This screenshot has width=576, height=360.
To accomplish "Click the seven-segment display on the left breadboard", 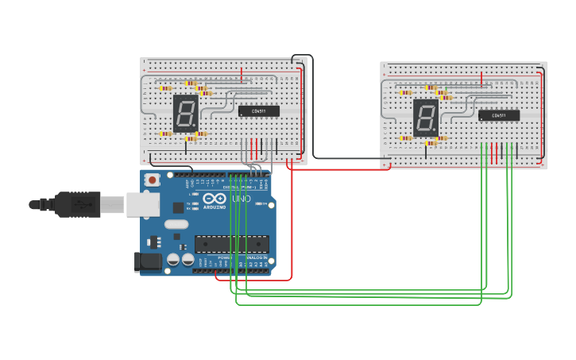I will click(x=185, y=113).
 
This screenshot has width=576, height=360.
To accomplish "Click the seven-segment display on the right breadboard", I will click(x=426, y=117).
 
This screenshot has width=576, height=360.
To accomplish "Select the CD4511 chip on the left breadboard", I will click(x=259, y=111).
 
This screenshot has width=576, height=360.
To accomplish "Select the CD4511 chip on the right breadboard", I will click(x=499, y=116).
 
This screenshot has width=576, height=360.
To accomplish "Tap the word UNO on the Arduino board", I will click(x=241, y=199).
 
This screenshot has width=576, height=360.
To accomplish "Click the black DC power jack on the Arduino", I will click(x=149, y=261).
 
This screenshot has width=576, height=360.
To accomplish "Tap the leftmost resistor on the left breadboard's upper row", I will click(x=165, y=88).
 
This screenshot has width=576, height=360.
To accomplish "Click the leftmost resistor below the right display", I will click(x=406, y=138).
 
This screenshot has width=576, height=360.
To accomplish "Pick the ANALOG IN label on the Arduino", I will click(x=253, y=258).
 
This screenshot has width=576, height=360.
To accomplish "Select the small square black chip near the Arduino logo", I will click(x=178, y=207).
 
